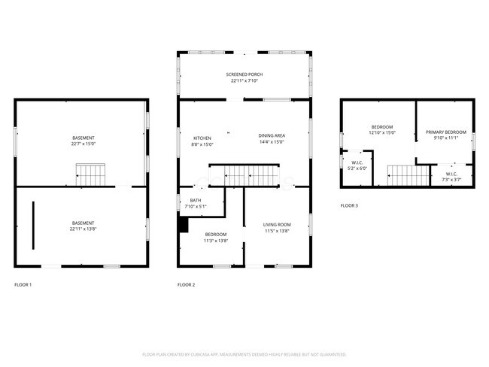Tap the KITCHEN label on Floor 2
[x=202, y=138]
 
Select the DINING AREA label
[x=272, y=135]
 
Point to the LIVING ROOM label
[x=276, y=225]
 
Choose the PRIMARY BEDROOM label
[x=445, y=132]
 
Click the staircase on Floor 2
[x=252, y=175]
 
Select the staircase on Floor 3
[x=402, y=175]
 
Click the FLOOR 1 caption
[x=23, y=285]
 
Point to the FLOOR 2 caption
[x=186, y=285]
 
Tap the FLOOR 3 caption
[x=349, y=205]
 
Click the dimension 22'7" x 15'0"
[x=84, y=143]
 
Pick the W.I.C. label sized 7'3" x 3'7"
[x=450, y=177]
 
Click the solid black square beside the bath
[x=183, y=223]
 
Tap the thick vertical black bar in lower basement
[x=33, y=225]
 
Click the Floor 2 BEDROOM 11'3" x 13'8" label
[x=215, y=238]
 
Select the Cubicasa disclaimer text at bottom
[x=244, y=353]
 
